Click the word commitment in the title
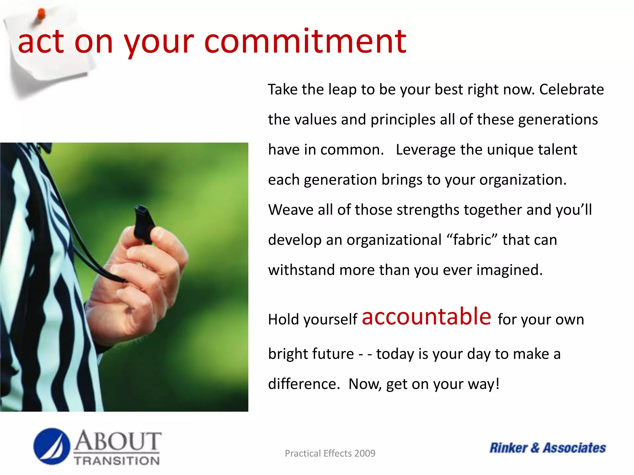tap(305, 42)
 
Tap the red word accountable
tap(426, 317)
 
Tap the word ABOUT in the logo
tap(118, 441)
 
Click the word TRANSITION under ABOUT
tap(117, 461)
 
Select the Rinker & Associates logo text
tap(547, 448)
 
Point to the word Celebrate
tap(571, 90)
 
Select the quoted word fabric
tap(472, 240)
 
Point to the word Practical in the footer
tap(302, 453)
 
